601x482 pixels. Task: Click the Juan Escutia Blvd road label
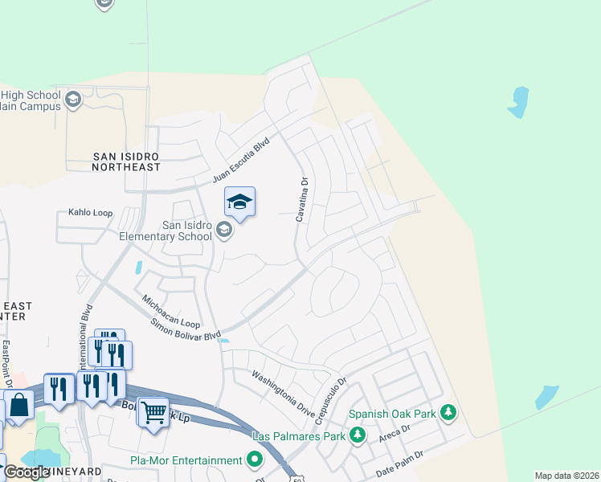[240, 159]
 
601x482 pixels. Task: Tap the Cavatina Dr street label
[303, 200]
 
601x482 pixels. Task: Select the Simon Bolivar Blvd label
[185, 329]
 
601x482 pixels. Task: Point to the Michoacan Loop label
[171, 311]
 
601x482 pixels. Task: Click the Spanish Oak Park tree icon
[448, 415]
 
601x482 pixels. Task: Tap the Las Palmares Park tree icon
[358, 436]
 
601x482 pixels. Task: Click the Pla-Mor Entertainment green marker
[256, 460]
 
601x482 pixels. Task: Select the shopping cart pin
[153, 413]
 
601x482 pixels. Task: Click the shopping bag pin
[19, 405]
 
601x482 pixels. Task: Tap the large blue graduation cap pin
[239, 202]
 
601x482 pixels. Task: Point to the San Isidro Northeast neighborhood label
[126, 161]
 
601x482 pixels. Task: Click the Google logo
[26, 472]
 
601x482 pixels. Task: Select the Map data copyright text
[566, 476]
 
